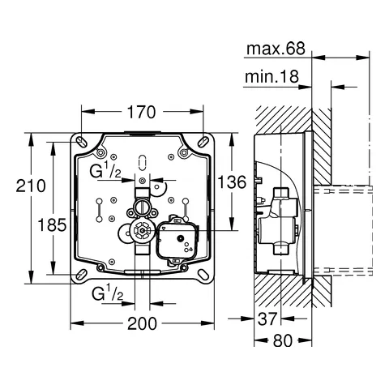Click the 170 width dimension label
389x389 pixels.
pyautogui.click(x=143, y=113)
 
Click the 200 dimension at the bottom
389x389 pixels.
pyautogui.click(x=143, y=323)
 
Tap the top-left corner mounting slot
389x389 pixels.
pyautogui.click(x=81, y=139)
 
